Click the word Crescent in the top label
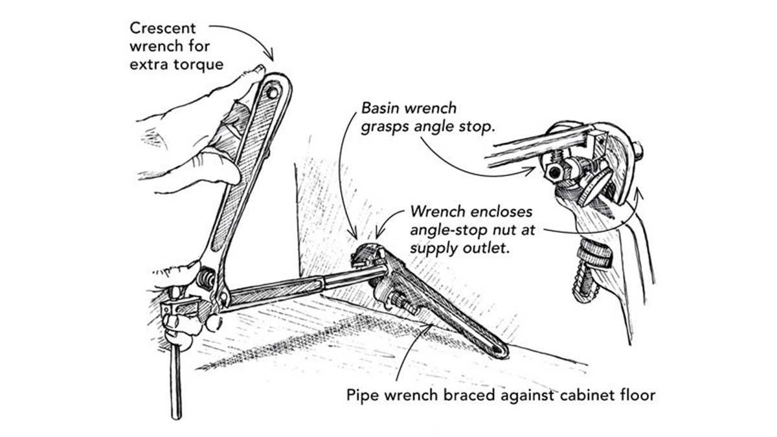click(x=163, y=28)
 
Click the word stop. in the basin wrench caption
click(x=477, y=127)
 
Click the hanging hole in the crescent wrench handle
click(x=273, y=92)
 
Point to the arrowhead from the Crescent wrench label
click(x=269, y=56)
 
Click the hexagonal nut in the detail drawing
click(x=554, y=172)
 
